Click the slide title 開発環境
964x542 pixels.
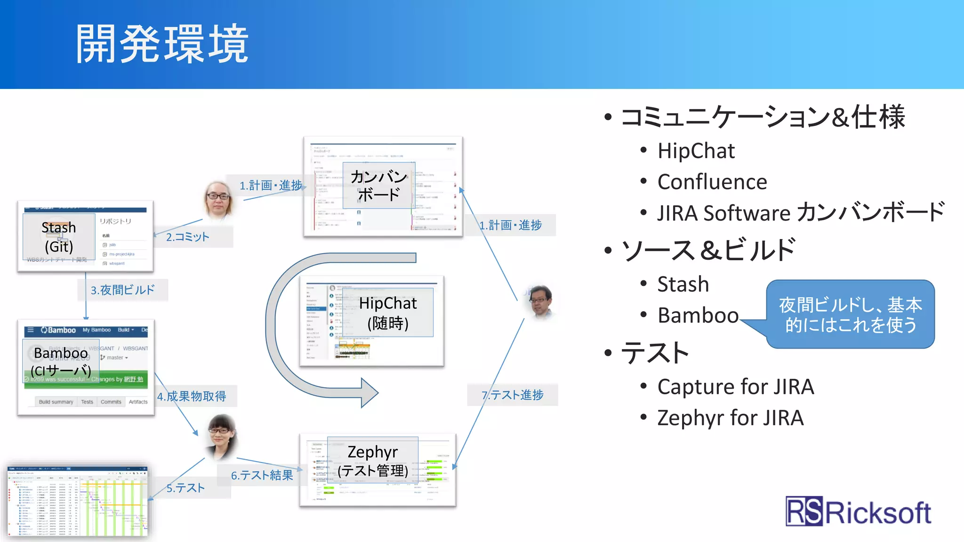162,45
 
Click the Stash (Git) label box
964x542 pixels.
59,237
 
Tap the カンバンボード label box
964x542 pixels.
378,185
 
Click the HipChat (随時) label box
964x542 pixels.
388,312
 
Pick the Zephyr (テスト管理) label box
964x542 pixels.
373,461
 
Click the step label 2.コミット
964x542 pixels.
187,237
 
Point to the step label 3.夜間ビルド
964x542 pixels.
122,290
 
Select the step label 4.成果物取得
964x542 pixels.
192,396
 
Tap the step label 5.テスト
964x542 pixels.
185,488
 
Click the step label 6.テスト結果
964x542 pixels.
262,475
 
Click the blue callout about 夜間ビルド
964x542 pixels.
850,314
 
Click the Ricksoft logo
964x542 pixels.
858,512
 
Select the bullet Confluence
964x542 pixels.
712,182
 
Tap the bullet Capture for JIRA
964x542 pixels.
735,387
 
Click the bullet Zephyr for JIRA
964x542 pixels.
730,418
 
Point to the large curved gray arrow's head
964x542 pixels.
370,392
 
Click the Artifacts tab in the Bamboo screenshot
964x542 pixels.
138,402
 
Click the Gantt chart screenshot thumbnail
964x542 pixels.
78,501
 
